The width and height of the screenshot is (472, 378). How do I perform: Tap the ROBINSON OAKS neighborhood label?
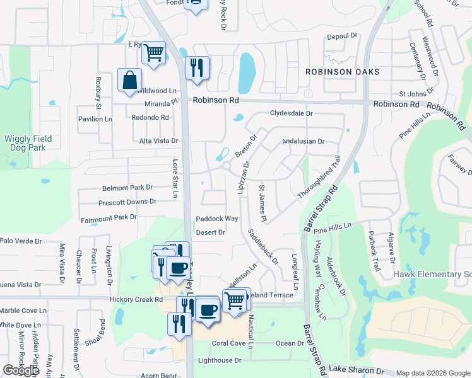pos(343,72)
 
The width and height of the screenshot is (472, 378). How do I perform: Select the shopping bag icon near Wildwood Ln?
pos(129,81)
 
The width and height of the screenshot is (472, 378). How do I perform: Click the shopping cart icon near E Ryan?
pos(153,53)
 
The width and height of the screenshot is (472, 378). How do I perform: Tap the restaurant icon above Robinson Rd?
pos(197,69)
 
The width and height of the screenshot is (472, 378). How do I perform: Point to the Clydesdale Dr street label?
pos(292,113)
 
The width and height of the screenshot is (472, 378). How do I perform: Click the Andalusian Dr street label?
pos(303,142)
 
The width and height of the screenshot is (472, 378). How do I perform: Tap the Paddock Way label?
pos(217,219)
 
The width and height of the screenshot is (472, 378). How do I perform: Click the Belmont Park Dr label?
pos(127,188)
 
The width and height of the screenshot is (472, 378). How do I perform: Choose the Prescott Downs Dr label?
pos(127,202)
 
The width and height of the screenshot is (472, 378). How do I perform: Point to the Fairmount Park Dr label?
pos(109,217)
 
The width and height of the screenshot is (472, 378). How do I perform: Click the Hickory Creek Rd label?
pos(136,300)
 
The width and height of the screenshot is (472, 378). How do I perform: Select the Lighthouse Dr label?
pos(220,360)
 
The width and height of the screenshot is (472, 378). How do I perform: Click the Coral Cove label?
pos(228,343)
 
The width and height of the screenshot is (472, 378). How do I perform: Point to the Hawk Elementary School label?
pos(432,274)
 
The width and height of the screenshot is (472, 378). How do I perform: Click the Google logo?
pos(21,370)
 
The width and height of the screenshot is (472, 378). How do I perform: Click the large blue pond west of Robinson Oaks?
pos(247,73)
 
